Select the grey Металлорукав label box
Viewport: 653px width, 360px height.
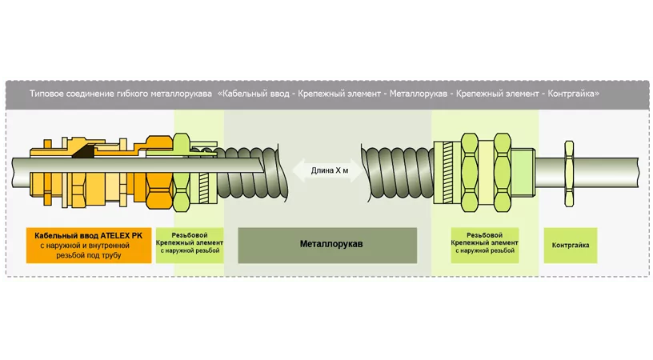327,243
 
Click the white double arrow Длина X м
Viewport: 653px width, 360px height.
326,170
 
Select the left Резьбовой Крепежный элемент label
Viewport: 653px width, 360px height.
198,244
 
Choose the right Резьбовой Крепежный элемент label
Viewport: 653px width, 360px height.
484,244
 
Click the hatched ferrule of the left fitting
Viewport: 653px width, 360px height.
206,179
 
